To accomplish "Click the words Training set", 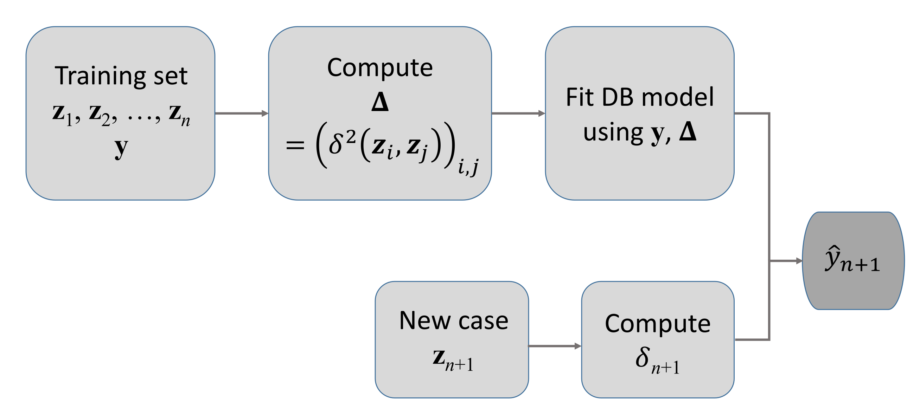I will (121, 76).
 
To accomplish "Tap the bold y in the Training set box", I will (121, 147).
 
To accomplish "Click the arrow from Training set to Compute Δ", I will (241, 113).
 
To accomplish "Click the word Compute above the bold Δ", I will (380, 68).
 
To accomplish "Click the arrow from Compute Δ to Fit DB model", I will (518, 113).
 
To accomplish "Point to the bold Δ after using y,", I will (688, 131).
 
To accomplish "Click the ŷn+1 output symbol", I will (851, 260).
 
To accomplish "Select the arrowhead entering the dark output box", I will (799, 261).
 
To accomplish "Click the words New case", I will (453, 320).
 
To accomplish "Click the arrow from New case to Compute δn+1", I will (554, 346).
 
